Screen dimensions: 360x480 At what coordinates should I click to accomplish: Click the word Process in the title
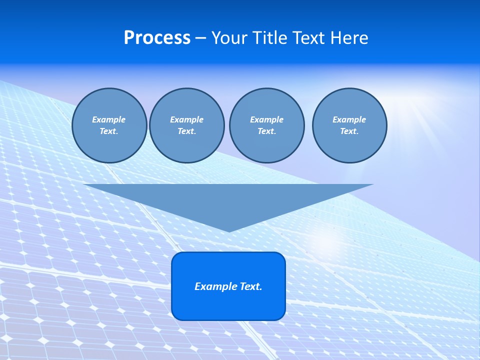[157, 38]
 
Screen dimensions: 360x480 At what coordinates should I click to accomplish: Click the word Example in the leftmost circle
[109, 119]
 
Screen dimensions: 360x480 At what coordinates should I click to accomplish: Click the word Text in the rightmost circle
[348, 131]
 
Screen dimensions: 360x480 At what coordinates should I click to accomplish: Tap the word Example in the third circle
[266, 119]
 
